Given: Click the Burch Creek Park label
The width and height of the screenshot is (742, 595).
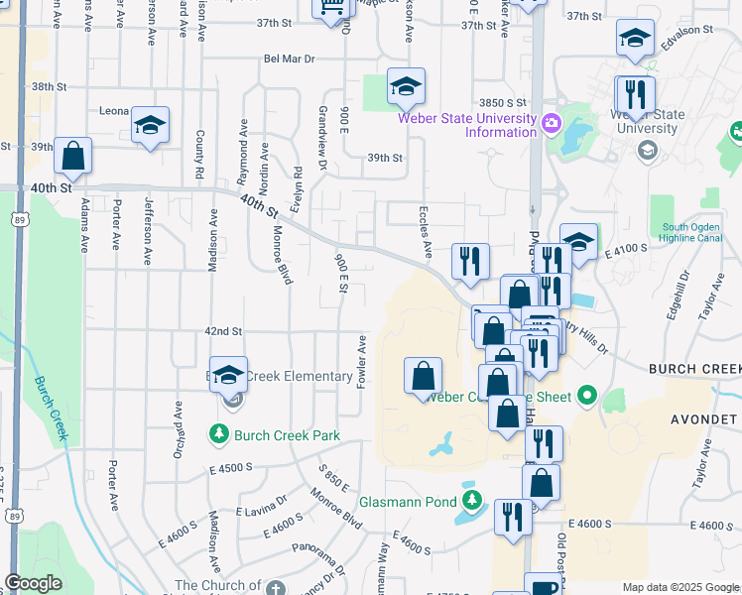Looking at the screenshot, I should pos(286,434).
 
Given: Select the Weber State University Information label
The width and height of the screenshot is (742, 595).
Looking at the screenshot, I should pos(466,125).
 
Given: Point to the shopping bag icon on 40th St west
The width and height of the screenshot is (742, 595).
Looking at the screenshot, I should pos(72,157).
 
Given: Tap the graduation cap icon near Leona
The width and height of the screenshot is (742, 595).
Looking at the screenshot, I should pos(150,126).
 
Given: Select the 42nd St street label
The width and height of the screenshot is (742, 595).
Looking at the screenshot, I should pos(223,331).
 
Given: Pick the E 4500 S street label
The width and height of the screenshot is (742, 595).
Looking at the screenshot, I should pos(231,466).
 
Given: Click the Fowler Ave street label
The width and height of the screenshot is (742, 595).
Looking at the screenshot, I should pos(362,361).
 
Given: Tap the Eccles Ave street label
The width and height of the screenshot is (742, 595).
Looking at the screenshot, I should pos(423,233).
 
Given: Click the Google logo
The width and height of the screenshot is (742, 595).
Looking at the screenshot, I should pos(34,583).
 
